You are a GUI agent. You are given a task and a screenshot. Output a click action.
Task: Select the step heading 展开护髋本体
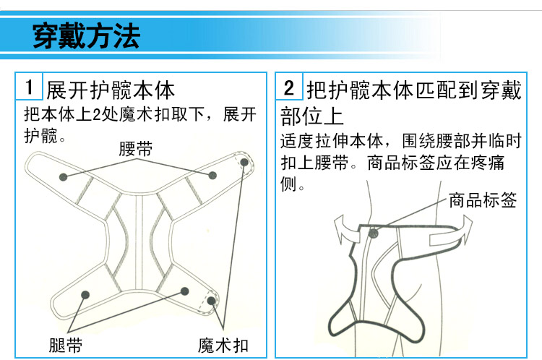coord(111,91)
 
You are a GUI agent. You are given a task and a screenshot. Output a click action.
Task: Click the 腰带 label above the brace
coord(135,149)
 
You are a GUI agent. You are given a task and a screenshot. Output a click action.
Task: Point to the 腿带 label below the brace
coord(65,346)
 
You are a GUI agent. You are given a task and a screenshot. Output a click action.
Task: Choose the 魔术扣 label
coord(223,346)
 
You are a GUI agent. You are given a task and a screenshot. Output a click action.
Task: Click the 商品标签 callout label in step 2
coord(483,200)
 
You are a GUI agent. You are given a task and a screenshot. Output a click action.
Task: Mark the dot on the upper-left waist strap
coord(64,176)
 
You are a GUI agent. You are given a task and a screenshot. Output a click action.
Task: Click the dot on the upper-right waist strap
coord(212,175)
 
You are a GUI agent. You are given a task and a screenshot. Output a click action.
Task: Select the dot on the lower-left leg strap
coord(85,293)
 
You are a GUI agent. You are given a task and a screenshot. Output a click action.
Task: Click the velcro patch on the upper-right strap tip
coord(243,162)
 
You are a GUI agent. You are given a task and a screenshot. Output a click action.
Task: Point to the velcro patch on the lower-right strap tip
coord(211,301)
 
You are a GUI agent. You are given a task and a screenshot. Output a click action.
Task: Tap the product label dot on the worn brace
coord(373,233)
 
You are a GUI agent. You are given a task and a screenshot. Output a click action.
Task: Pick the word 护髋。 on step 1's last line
coord(45,135)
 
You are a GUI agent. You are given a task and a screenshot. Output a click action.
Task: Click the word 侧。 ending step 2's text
coord(292,184)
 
